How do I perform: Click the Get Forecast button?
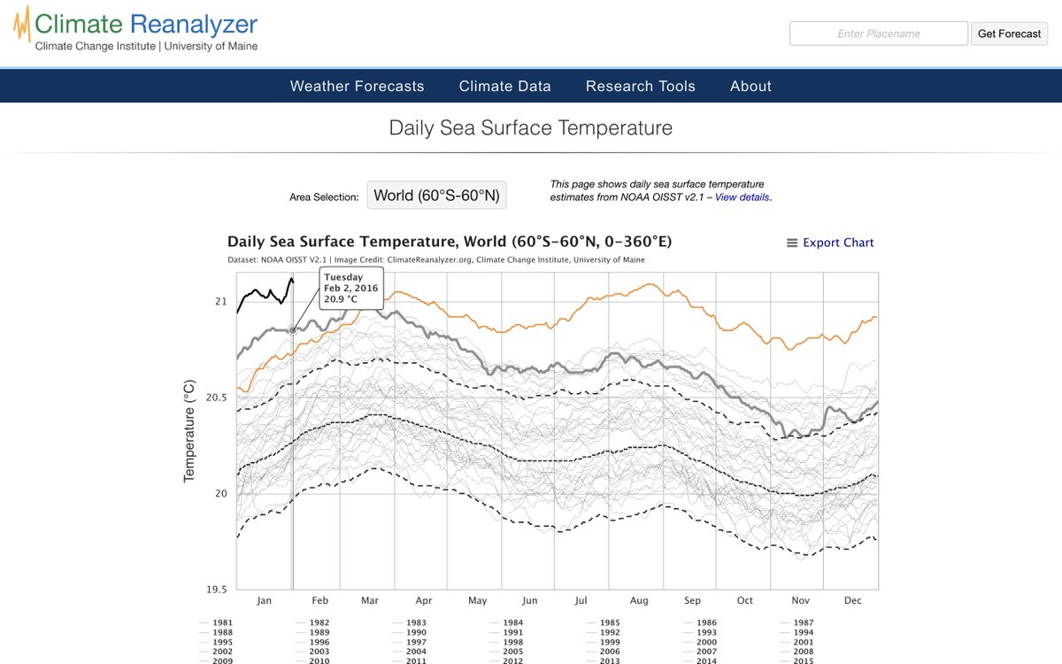(1009, 34)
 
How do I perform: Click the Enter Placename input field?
(878, 34)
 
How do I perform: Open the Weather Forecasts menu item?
(357, 86)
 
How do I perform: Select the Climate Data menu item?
(504, 86)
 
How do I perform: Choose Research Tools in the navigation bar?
(640, 86)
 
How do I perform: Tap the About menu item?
(750, 86)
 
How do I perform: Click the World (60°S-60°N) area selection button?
(436, 196)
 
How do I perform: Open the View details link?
(742, 197)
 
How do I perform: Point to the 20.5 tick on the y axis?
(217, 398)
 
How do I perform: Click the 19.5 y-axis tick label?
(217, 589)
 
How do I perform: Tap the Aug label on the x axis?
(638, 600)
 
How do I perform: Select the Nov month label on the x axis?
(799, 600)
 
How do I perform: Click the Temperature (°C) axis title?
(189, 432)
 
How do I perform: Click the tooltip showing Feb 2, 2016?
(350, 288)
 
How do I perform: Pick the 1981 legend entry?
(222, 622)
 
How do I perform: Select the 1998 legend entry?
(512, 642)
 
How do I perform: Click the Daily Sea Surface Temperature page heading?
(530, 127)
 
